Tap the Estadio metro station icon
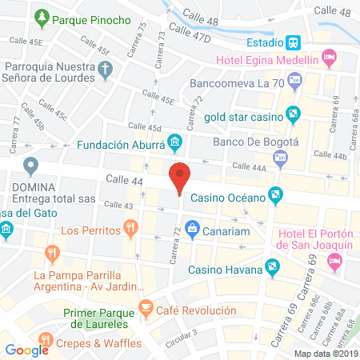[x=294, y=42]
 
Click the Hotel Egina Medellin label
[x=275, y=60]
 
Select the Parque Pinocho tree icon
[x=44, y=17]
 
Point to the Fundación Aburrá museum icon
[x=175, y=144]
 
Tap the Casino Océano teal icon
[x=276, y=194]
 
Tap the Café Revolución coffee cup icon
[x=146, y=307]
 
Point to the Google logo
[x=26, y=349]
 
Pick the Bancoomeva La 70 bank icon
[x=294, y=79]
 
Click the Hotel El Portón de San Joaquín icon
[x=335, y=261]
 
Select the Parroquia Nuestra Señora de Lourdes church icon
[x=104, y=70]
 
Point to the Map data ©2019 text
[x=325, y=354]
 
